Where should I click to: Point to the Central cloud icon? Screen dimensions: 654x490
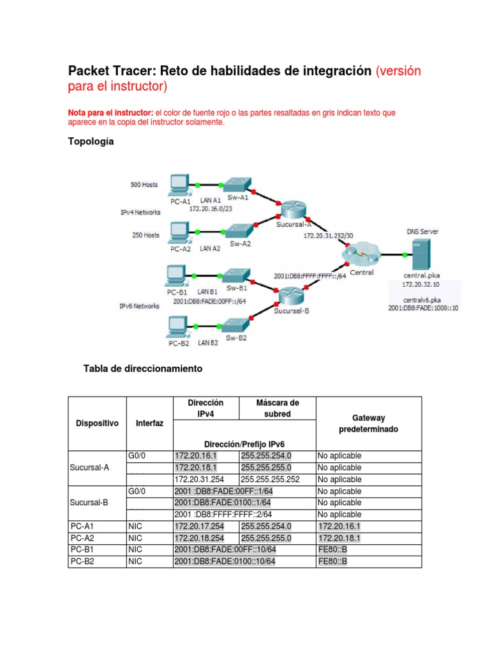(x=360, y=254)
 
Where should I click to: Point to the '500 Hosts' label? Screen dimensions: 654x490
(x=144, y=185)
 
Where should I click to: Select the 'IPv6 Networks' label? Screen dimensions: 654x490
(x=139, y=306)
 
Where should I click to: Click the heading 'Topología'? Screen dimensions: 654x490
(x=91, y=142)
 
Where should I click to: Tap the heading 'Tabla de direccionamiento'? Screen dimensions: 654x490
(x=143, y=369)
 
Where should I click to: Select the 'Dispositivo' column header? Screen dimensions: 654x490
(x=97, y=423)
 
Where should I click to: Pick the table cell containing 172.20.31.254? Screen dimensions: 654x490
(x=200, y=479)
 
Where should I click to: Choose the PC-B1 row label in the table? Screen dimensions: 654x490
(x=81, y=549)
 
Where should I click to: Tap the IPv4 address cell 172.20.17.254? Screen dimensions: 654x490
(x=200, y=526)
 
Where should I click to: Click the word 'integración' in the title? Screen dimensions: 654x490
(x=332, y=71)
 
